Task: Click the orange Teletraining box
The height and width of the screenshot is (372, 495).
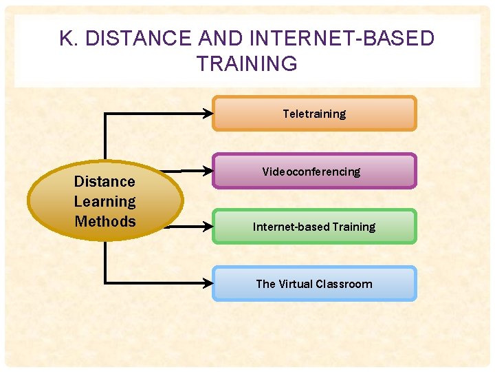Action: pyautogui.click(x=314, y=114)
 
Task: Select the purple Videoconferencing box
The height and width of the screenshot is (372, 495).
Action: pyautogui.click(x=314, y=171)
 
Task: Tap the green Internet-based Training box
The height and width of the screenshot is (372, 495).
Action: pyautogui.click(x=314, y=227)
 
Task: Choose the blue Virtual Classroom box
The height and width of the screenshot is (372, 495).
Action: pyautogui.click(x=314, y=284)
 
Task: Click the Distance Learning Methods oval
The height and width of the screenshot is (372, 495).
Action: pyautogui.click(x=105, y=201)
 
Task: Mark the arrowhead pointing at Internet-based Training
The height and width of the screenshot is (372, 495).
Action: pyautogui.click(x=208, y=225)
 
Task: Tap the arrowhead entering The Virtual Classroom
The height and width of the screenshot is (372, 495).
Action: pyautogui.click(x=208, y=282)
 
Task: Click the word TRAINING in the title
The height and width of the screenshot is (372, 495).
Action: pyautogui.click(x=247, y=63)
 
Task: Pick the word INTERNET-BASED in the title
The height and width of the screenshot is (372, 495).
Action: pyautogui.click(x=342, y=39)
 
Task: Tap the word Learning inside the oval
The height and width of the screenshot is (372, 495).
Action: pyautogui.click(x=104, y=202)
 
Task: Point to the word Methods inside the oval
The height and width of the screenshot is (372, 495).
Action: pyautogui.click(x=104, y=222)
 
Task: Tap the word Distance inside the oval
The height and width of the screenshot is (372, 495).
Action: pyautogui.click(x=104, y=182)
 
